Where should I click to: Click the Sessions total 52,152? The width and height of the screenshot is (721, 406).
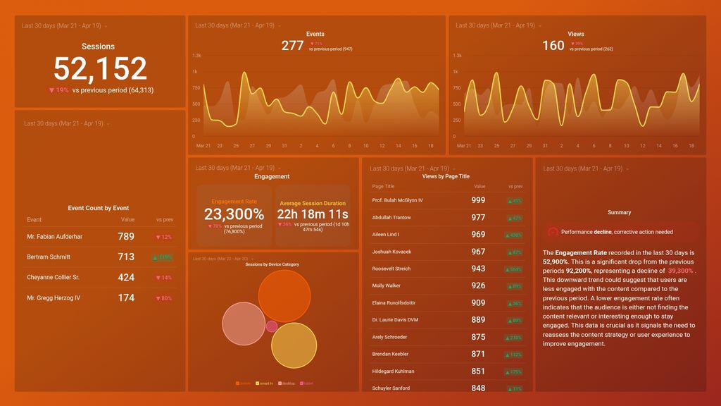click(x=100, y=69)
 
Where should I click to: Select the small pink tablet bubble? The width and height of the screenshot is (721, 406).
click(x=272, y=326)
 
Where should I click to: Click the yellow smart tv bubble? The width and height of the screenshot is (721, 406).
click(x=294, y=345)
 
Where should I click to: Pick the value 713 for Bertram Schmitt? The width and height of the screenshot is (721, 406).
click(x=126, y=257)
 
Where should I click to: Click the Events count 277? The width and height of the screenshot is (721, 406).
click(x=292, y=46)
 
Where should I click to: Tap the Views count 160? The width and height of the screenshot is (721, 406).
click(x=553, y=46)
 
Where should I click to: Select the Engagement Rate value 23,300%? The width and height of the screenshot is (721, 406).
click(x=234, y=214)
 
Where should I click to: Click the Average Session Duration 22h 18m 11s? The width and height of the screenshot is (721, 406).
click(x=313, y=214)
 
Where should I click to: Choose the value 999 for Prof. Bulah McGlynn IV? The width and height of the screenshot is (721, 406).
click(x=478, y=201)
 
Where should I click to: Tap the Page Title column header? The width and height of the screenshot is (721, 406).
click(x=383, y=187)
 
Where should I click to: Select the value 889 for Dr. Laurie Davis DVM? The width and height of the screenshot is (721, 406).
click(x=478, y=320)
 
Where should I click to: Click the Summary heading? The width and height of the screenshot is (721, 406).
click(x=619, y=212)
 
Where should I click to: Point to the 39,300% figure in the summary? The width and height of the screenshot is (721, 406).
click(x=680, y=271)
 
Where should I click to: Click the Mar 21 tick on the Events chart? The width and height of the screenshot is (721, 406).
click(x=203, y=146)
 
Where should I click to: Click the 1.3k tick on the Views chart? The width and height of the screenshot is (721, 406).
click(x=458, y=56)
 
